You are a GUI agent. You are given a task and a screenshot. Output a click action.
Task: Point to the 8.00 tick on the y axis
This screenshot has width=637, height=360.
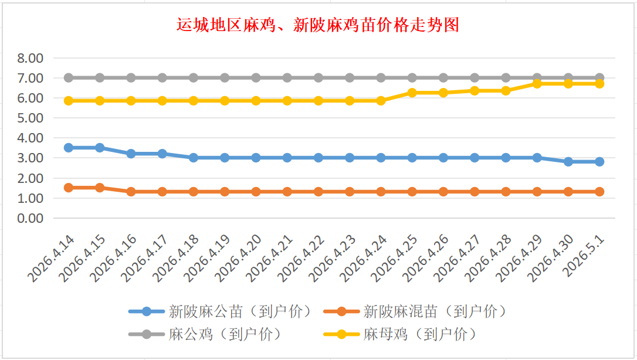[31, 58]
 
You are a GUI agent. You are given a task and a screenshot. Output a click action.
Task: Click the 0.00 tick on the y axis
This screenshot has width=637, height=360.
[31, 218]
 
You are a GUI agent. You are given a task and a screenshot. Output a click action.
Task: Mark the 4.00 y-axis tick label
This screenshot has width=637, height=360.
[31, 138]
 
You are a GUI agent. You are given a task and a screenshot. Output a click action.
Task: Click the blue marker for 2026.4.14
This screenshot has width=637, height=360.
[69, 148]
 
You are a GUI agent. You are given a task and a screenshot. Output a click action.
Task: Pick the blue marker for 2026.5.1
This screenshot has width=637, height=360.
[599, 162]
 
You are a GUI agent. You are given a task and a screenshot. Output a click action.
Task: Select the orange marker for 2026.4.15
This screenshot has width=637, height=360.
[100, 188]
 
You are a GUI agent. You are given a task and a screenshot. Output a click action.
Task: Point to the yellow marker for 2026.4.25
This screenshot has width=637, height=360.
[412, 93]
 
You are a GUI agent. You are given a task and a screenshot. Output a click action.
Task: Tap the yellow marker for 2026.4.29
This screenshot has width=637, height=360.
[537, 84]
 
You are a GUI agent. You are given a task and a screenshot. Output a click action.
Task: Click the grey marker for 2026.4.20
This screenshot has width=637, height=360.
[256, 78]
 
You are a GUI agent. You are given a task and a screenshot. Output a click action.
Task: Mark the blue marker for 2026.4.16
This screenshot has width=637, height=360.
[131, 154]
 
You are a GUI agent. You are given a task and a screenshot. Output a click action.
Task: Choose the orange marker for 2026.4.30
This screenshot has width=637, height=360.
[568, 192]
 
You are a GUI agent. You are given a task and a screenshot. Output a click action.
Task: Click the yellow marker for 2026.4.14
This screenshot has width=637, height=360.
[69, 101]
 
